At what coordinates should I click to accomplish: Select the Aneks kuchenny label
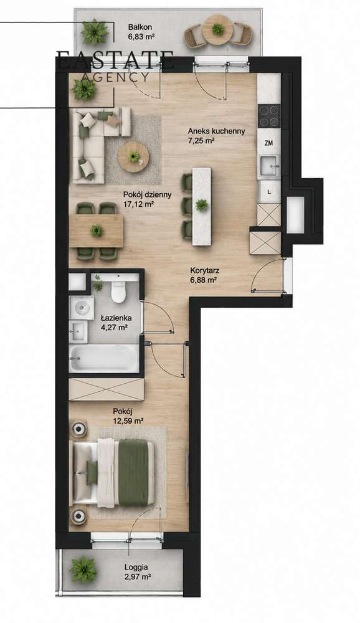coord(216,131)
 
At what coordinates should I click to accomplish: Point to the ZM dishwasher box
coord(268,143)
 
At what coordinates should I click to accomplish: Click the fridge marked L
coord(269,191)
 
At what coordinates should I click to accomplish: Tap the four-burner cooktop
coord(269,115)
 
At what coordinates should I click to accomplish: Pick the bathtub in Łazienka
coord(104,358)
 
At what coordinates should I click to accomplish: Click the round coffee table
coord(133,157)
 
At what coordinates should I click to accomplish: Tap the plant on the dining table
coord(96,231)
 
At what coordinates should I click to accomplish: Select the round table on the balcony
coord(217,30)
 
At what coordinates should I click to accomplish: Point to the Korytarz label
coord(205,271)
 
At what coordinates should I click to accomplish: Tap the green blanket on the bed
coord(133,472)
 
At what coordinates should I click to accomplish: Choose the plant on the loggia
coord(83,569)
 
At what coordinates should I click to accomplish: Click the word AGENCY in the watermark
coord(115,77)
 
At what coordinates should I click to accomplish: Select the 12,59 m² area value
coord(128,421)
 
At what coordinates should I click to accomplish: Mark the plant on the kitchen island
coord(201,205)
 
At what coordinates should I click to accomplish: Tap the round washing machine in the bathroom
coord(82,307)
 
